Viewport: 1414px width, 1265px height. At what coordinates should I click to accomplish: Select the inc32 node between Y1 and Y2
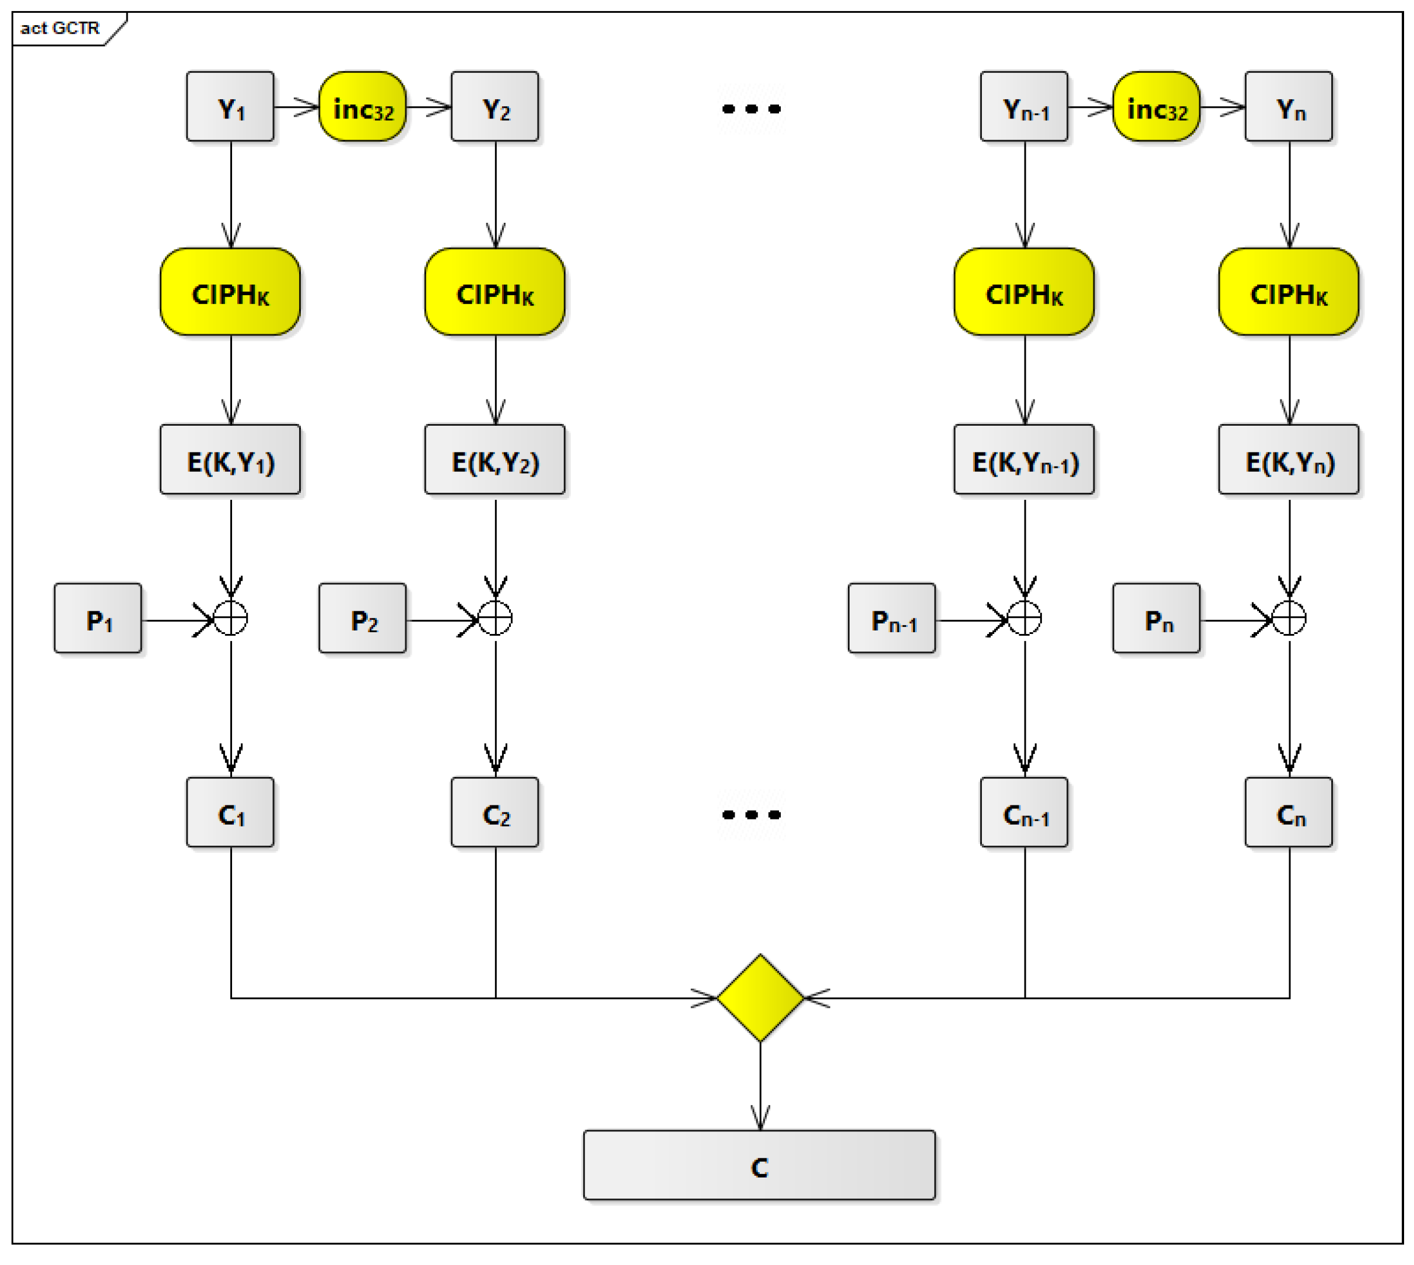(362, 106)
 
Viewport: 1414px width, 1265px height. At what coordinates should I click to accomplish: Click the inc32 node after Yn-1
(1156, 106)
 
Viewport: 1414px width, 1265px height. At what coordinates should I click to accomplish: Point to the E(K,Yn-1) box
(1023, 460)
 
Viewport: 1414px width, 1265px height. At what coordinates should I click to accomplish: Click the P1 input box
(98, 618)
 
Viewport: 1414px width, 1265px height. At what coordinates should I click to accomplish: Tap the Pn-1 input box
(892, 618)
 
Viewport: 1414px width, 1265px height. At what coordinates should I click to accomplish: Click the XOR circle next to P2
(494, 618)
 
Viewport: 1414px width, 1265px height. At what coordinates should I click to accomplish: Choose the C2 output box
(494, 812)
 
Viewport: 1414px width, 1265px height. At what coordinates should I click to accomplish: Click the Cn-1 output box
(1023, 812)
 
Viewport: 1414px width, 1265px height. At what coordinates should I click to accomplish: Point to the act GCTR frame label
(59, 28)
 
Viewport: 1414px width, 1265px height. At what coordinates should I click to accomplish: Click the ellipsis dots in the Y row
(751, 108)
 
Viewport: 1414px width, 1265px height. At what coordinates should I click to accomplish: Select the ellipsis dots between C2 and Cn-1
(751, 814)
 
